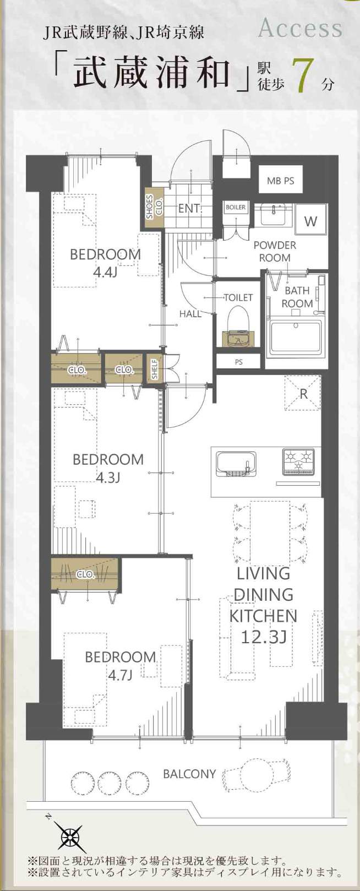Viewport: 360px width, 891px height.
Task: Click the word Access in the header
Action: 300,29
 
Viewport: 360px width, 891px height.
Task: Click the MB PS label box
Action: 281,181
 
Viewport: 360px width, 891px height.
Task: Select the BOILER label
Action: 236,208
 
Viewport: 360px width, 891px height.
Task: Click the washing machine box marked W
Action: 310,221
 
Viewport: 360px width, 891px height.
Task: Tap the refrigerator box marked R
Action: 303,393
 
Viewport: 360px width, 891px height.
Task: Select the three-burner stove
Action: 298,461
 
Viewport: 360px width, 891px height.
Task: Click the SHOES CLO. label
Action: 154,207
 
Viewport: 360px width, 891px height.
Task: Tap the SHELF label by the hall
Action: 155,369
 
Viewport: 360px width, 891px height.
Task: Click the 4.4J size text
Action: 105,272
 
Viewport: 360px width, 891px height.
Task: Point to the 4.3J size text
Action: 108,477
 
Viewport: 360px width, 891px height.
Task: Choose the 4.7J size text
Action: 120,675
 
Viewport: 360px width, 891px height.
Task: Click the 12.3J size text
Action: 264,637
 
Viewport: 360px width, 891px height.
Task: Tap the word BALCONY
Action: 189,774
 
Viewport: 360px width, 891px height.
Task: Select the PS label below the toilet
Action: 238,362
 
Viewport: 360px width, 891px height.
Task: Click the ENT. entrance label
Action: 190,209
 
